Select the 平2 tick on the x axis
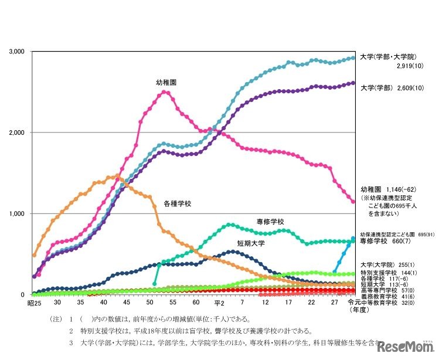click(219, 303)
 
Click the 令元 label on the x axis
click(354, 302)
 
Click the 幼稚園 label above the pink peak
click(166, 83)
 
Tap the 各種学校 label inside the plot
click(177, 204)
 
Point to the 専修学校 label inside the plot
click(270, 222)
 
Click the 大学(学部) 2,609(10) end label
click(387, 88)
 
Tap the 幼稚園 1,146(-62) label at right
click(387, 190)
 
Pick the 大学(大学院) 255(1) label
click(385, 265)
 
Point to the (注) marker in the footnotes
click(57, 320)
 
